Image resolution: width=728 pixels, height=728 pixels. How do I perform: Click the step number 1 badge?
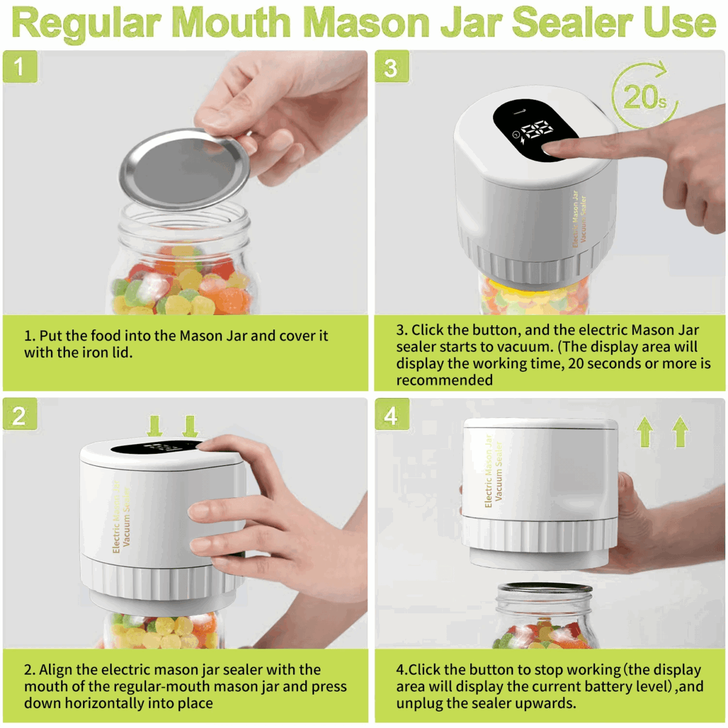point(19,66)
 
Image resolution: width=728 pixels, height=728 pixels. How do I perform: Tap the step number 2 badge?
point(19,415)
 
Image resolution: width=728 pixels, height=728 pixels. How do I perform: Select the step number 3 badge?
point(391,67)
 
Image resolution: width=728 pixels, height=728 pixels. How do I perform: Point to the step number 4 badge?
point(391,415)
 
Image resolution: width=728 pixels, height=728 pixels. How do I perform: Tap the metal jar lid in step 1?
point(185,169)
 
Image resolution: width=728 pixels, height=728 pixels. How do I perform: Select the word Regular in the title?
point(86,22)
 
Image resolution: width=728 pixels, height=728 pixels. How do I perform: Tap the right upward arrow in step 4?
point(680,431)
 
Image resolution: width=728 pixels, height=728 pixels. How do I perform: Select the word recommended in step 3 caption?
point(444,380)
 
